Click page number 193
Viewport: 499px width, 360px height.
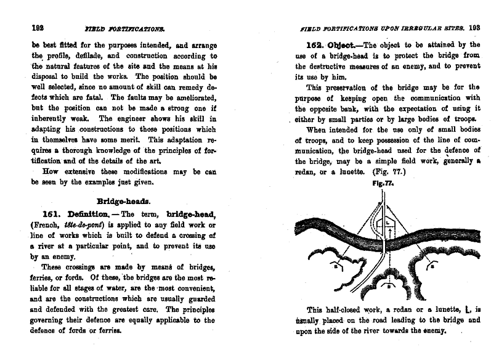[x=474, y=27]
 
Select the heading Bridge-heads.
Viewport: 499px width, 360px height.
[x=126, y=200]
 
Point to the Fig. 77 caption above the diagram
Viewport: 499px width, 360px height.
[x=383, y=183]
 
